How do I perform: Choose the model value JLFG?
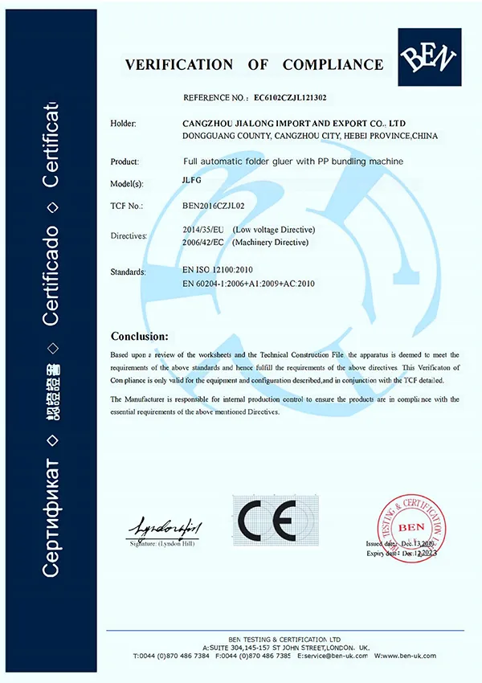[194, 182]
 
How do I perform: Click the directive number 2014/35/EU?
[204, 230]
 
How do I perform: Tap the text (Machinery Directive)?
[271, 242]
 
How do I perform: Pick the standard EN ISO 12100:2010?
[220, 272]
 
